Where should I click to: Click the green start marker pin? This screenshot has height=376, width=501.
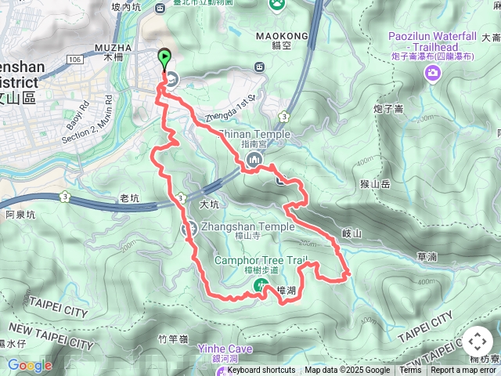click(164, 59)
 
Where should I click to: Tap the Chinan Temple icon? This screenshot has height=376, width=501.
click(253, 161)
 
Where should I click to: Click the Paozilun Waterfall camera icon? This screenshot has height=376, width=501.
click(432, 73)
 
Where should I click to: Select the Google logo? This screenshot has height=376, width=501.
click(30, 365)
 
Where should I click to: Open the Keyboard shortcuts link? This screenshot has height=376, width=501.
click(261, 371)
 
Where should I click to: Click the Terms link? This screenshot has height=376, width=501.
click(410, 371)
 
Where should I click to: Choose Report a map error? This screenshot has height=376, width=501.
click(463, 371)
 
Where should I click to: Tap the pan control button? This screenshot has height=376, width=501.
click(477, 342)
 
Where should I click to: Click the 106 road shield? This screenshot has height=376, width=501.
click(74, 59)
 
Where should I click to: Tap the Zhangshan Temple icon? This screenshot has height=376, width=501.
click(189, 229)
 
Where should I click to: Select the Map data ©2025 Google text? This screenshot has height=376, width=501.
click(347, 371)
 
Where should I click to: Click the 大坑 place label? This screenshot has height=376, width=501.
click(208, 204)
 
